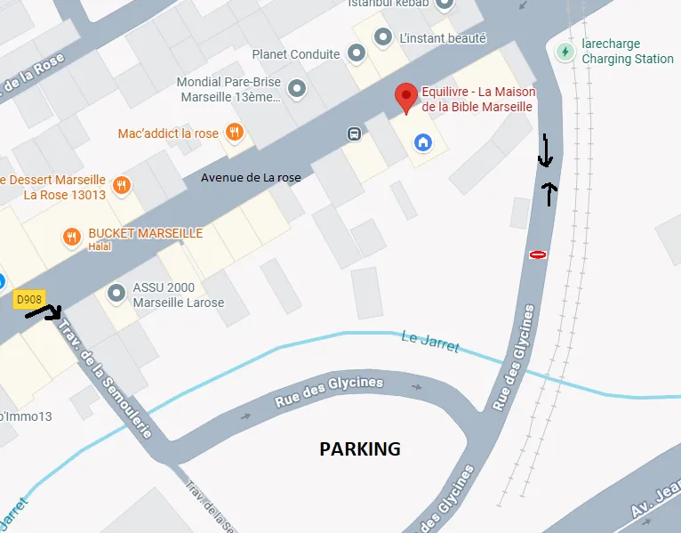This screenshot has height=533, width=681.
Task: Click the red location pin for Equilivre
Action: [406, 97]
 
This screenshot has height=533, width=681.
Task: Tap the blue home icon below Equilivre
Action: [423, 141]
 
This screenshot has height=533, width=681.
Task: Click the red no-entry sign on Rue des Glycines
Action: [537, 255]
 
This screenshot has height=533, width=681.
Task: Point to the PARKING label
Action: [360, 449]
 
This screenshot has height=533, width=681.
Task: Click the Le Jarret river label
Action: [430, 342]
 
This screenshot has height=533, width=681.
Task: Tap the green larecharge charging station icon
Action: [565, 52]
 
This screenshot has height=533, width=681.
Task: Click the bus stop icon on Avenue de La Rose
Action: [354, 134]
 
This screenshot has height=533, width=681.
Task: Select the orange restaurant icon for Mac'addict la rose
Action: [234, 133]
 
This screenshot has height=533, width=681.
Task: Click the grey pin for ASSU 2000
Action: [116, 293]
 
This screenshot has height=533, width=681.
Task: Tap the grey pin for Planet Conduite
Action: [356, 54]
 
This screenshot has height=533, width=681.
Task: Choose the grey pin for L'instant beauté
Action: [383, 37]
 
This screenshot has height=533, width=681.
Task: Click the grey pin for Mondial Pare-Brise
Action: [298, 88]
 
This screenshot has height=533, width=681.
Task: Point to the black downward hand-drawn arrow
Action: [546, 152]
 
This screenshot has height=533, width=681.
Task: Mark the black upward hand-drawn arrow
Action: [551, 193]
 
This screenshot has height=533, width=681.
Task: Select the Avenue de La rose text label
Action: [251, 178]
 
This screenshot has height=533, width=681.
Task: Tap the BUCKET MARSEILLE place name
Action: [145, 234]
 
